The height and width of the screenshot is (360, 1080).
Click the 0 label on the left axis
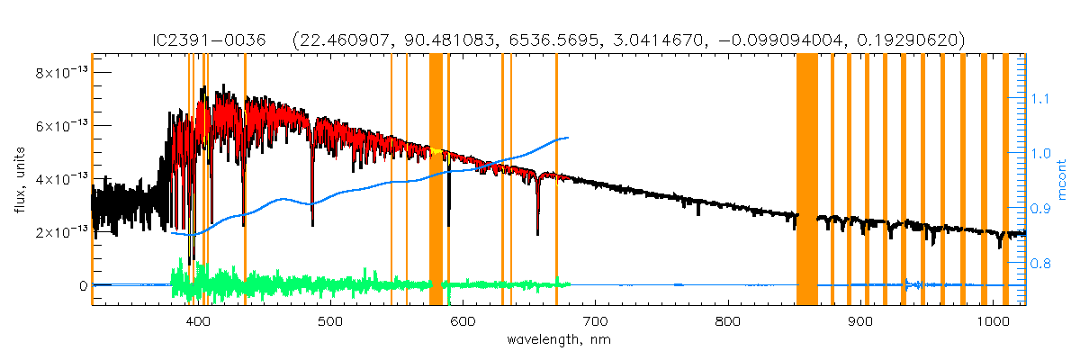tap(83, 285)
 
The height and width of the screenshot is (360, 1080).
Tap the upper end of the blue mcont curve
tap(567, 138)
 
